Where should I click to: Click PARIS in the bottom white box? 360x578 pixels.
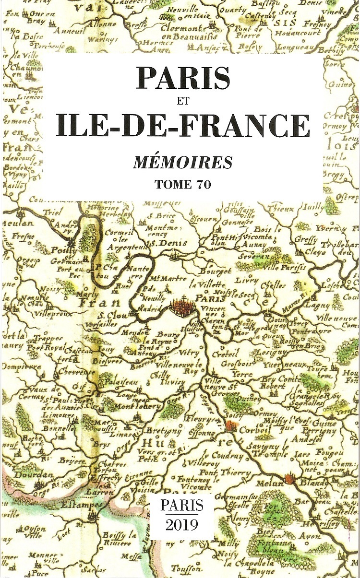pyautogui.click(x=182, y=505)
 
